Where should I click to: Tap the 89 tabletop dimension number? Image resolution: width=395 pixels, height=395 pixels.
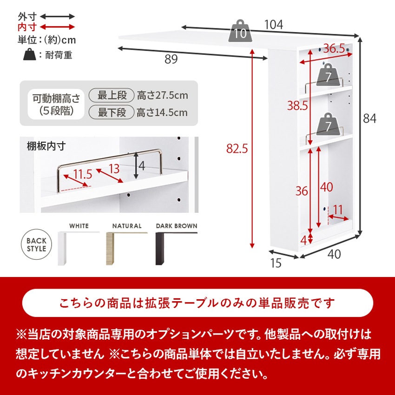tap(171, 59)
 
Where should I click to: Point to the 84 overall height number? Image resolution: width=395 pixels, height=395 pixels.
tap(369, 119)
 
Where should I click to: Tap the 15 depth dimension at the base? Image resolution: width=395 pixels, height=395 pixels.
tap(276, 263)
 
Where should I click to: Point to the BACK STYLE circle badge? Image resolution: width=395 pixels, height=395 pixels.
tap(36, 244)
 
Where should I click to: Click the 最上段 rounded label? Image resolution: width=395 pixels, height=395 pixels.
tap(112, 96)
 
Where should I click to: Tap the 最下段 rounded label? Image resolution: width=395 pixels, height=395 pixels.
tap(112, 112)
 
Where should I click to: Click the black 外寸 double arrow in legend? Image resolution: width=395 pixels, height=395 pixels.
tap(58, 16)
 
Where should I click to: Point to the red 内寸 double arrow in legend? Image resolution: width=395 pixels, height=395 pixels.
tap(58, 27)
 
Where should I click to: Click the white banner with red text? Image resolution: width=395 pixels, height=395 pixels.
tap(197, 303)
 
